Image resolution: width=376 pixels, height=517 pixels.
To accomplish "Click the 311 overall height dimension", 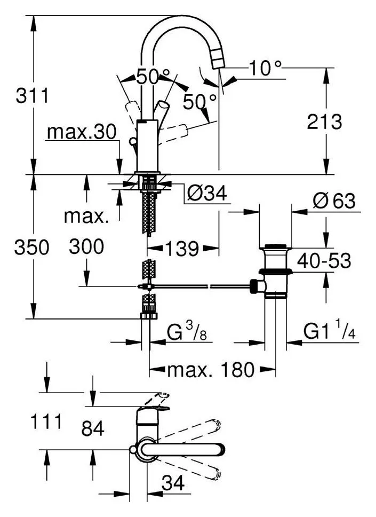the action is tap(33, 96).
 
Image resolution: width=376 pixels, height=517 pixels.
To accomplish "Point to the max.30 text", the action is tap(82, 132).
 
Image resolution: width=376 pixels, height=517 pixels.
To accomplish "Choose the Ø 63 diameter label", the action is tap(334, 201).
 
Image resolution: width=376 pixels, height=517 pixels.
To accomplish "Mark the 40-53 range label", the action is tap(324, 261).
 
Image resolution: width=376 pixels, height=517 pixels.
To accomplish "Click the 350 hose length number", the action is tap(31, 247).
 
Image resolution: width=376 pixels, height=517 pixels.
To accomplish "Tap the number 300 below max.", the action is tap(86, 246).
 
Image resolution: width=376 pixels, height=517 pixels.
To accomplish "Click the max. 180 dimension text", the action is tap(211, 369).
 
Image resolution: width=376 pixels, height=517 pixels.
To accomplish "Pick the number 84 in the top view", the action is tap(93, 428).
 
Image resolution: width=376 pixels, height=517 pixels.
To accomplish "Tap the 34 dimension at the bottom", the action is tap(173, 484).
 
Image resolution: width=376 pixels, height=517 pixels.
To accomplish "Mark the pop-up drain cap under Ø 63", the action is tap(276, 246).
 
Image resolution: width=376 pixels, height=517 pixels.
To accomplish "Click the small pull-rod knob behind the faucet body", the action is tap(133, 141).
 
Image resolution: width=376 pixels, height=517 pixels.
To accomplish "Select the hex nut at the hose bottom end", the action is tap(149, 315).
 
